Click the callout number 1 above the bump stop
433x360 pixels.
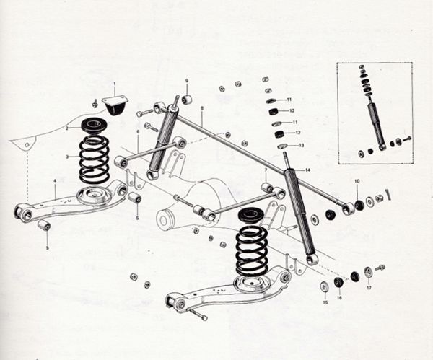pos(113,85)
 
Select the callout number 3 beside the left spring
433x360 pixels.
pos(67,157)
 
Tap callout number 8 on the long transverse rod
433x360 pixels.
pos(202,108)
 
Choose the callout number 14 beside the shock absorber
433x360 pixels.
pos(307,170)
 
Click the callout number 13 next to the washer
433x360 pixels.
pos(301,145)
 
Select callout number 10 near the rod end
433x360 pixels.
pos(356,180)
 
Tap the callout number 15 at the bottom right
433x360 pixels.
pos(324,303)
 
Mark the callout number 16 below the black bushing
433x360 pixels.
pos(338,297)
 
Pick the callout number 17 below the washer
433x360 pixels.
pos(368,288)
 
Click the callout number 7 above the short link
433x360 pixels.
pos(266,170)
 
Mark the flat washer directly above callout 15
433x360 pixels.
pos(324,287)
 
